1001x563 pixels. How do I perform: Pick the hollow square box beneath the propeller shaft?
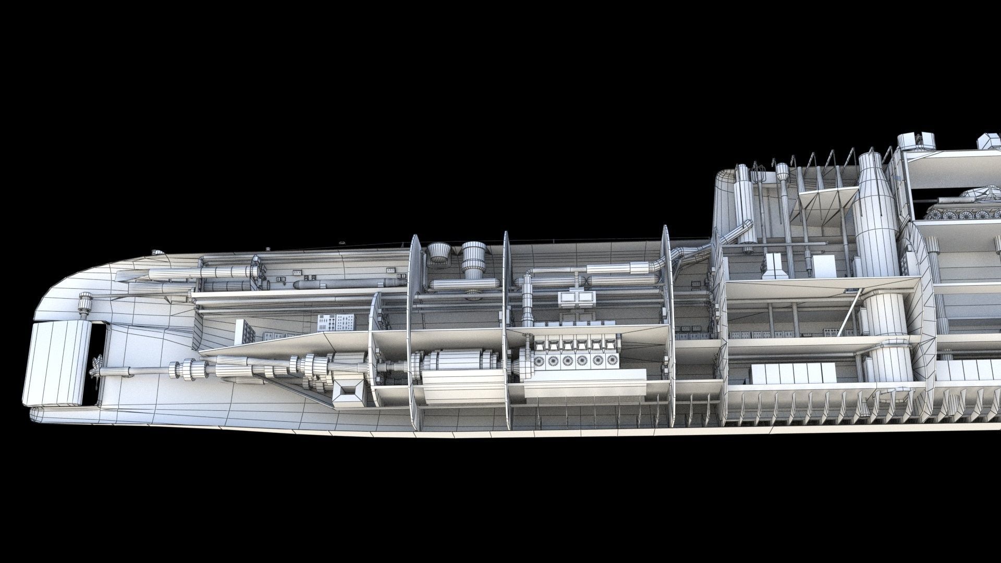click(x=350, y=393)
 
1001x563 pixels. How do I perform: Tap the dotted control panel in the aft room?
click(x=336, y=323)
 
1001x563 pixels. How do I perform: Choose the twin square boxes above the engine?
click(x=576, y=298)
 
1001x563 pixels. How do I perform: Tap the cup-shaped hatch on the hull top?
click(x=439, y=254)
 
